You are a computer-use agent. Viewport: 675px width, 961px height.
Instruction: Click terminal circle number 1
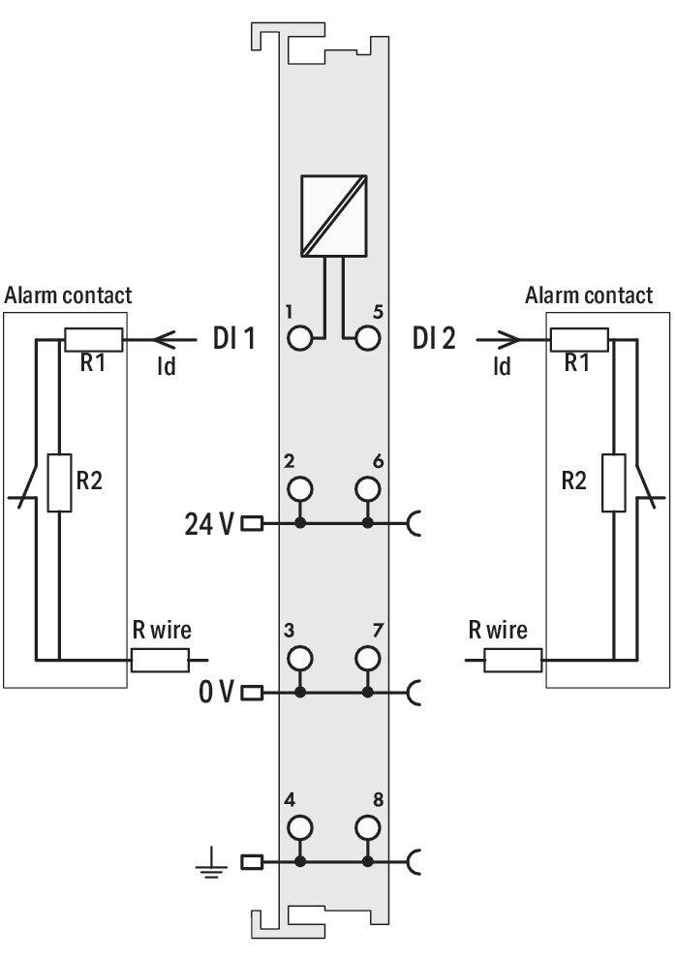(x=299, y=338)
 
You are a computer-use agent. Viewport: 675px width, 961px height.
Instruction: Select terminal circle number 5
(x=367, y=338)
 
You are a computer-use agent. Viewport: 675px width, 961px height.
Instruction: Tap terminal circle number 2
(x=299, y=488)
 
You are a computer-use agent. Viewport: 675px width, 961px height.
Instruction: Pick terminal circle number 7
(x=367, y=658)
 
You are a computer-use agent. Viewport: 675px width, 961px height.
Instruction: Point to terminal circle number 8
(x=367, y=827)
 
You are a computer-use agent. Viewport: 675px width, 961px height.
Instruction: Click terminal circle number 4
(x=299, y=827)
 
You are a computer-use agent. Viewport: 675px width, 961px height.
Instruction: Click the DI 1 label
(x=233, y=338)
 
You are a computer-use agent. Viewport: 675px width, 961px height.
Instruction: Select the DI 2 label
(x=434, y=338)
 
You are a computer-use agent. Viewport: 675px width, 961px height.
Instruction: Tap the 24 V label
(x=209, y=524)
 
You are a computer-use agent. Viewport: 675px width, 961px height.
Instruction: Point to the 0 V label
(x=216, y=693)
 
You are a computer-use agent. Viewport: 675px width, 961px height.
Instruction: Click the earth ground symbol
(x=211, y=862)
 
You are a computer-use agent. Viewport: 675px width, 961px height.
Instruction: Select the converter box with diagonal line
(x=334, y=215)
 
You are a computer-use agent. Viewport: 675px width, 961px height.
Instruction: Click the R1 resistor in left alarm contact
(x=93, y=339)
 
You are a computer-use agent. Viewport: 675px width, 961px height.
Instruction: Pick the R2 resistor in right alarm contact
(x=614, y=482)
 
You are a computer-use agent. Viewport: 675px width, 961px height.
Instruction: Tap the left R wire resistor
(x=161, y=660)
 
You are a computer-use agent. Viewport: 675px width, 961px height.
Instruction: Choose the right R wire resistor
(x=512, y=660)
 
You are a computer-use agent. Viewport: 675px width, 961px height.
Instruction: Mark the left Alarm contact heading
(x=68, y=295)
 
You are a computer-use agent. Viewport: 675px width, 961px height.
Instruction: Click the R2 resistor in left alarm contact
(x=59, y=482)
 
